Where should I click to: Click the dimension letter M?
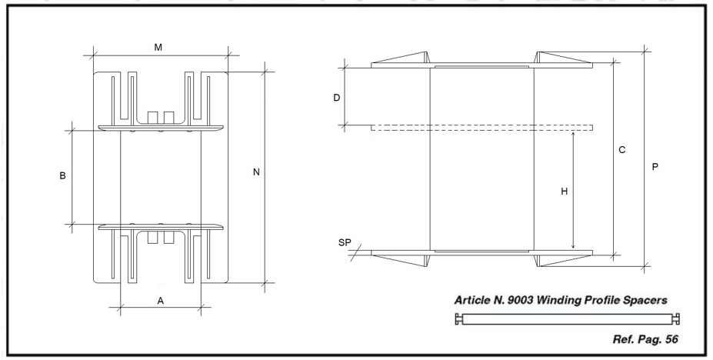coord(158,48)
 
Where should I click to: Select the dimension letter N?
coord(256,172)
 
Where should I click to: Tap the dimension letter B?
coord(63,175)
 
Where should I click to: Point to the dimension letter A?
coord(161,301)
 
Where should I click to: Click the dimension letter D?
coord(337,98)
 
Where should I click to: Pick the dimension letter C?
coord(622,150)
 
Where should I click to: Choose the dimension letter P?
coord(655,167)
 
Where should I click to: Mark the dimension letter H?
coord(565,192)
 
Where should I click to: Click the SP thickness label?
coord(345,243)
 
